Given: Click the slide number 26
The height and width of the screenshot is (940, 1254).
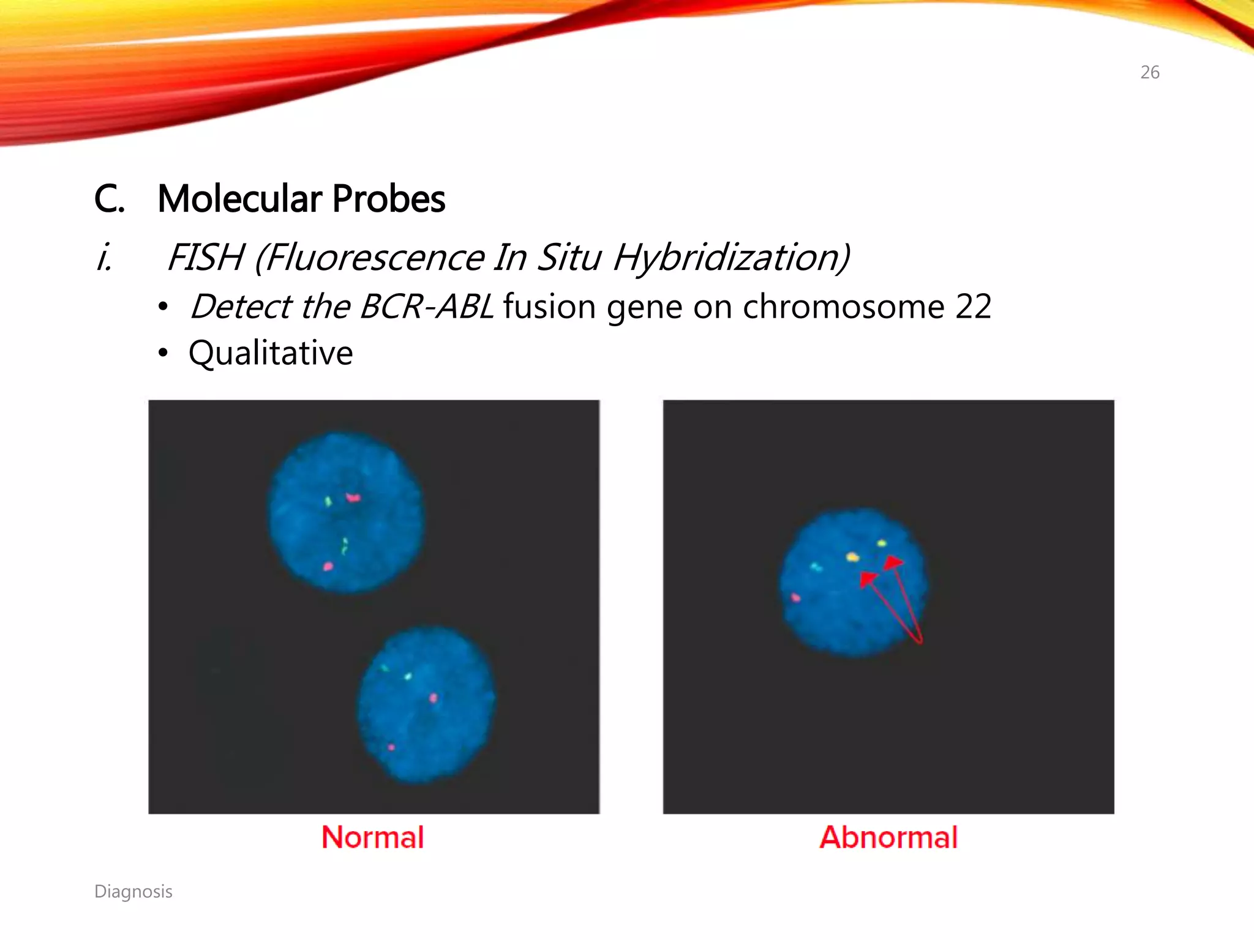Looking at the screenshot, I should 1149,72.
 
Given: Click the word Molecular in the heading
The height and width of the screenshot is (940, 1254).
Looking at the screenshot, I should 239,199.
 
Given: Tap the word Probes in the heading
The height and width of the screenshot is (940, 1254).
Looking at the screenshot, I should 389,199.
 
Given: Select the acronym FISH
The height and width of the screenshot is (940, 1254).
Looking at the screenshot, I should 205,257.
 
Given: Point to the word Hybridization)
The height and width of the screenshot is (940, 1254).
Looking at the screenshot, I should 731,257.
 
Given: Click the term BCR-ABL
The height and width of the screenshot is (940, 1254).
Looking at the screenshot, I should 426,306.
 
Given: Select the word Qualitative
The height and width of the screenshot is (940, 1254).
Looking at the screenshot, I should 271,353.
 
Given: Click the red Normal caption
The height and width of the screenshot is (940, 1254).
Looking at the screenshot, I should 372,837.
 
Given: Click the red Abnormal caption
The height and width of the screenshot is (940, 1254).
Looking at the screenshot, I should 888,837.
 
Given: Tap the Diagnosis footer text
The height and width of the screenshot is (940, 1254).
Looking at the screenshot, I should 133,892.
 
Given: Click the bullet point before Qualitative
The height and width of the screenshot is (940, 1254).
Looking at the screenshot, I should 162,354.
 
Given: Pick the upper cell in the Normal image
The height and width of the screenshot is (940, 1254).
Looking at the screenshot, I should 347,513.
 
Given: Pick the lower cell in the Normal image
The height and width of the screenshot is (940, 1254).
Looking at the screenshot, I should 426,704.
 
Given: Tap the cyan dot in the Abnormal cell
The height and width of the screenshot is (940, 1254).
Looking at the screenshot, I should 816,567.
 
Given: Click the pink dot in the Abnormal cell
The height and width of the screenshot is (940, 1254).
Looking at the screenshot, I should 795,597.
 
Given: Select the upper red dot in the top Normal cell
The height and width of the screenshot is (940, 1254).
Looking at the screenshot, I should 353,498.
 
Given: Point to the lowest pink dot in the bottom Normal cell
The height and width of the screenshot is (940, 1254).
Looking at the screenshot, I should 391,747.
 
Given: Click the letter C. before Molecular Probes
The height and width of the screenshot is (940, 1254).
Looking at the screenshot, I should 109,199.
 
